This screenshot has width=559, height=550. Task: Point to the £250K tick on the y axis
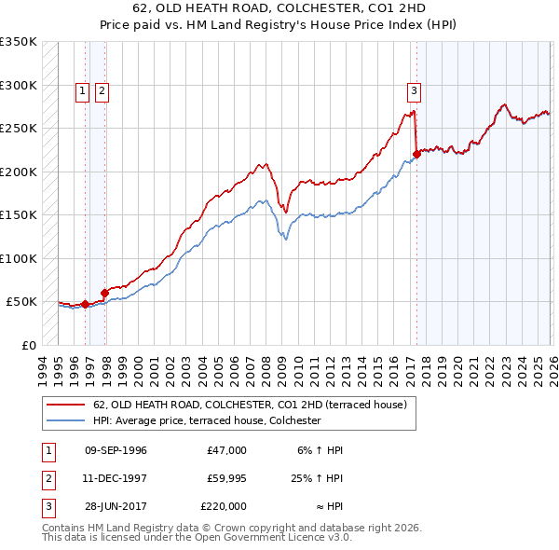pyautogui.click(x=19, y=129)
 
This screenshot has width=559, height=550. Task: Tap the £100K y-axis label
pyautogui.click(x=19, y=258)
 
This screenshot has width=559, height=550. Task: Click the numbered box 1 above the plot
pyautogui.click(x=82, y=90)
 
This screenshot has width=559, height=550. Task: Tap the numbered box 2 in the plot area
pyautogui.click(x=101, y=90)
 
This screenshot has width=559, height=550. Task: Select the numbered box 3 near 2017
pyautogui.click(x=412, y=90)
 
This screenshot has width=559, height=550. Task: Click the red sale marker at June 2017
pyautogui.click(x=416, y=155)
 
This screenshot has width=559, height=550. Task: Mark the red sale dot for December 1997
pyautogui.click(x=104, y=293)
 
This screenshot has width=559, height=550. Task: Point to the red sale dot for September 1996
pyautogui.click(x=85, y=304)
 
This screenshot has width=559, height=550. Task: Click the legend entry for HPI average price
pyautogui.click(x=207, y=421)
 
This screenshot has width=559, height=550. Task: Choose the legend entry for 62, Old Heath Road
pyautogui.click(x=250, y=405)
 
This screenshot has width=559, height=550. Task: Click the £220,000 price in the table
pyautogui.click(x=224, y=506)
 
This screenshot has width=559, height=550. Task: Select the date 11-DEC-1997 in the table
pyautogui.click(x=116, y=478)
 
